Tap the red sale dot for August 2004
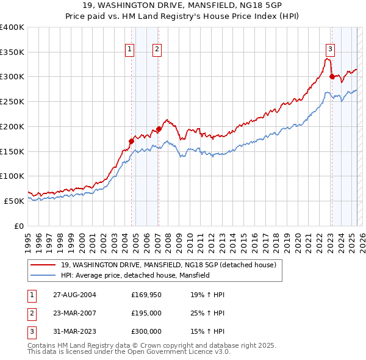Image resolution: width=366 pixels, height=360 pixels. click(x=132, y=141)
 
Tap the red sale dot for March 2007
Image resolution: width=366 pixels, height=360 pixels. click(x=159, y=129)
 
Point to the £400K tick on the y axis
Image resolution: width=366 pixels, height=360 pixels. click(x=12, y=27)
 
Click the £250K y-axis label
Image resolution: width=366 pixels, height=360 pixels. click(x=12, y=102)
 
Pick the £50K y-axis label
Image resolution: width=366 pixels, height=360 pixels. click(x=15, y=201)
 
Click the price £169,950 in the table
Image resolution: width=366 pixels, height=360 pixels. click(x=146, y=295)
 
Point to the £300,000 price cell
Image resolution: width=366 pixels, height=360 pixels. click(x=146, y=331)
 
